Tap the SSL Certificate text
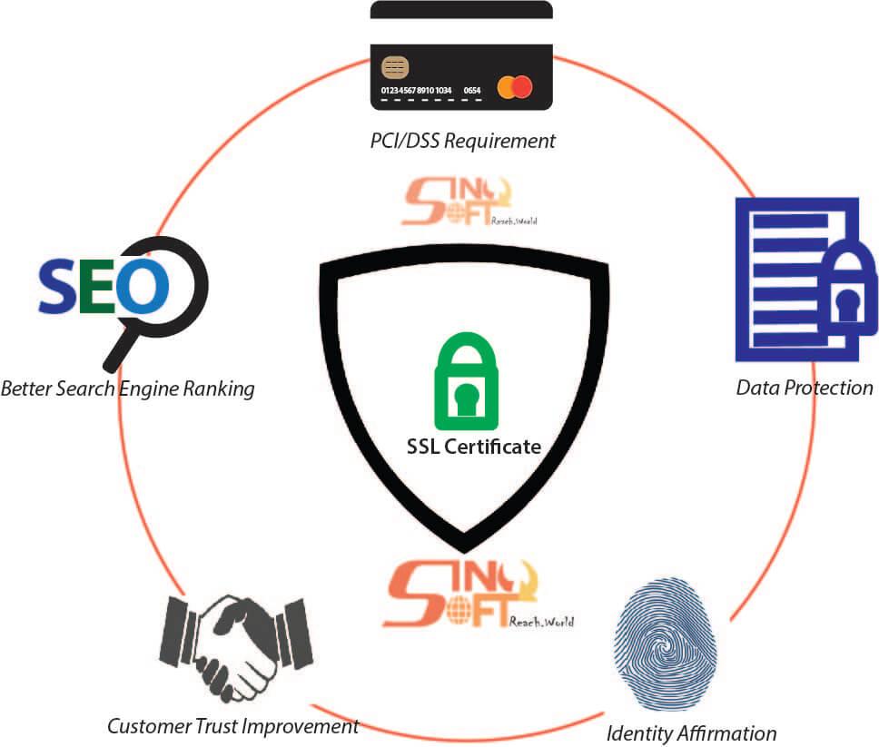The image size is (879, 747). (473, 447)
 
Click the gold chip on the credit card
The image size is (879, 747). (395, 66)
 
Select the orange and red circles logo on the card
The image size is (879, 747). (515, 87)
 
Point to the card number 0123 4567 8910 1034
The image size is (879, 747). (416, 91)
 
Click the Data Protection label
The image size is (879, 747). (805, 388)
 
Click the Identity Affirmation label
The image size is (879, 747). (691, 732)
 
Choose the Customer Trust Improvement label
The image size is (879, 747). (232, 726)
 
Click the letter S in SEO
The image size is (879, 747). (59, 286)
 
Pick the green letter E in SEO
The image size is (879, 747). (98, 286)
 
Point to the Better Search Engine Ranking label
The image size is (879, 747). (127, 389)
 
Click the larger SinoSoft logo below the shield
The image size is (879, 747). (477, 595)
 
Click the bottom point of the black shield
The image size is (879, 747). (464, 546)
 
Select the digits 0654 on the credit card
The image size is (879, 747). (472, 91)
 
